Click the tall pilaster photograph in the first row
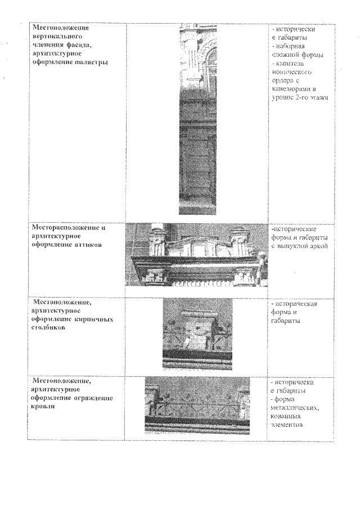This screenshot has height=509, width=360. click(x=197, y=119)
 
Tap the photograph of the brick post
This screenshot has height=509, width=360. click(x=197, y=333)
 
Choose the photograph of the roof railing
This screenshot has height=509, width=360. click(x=197, y=405)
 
